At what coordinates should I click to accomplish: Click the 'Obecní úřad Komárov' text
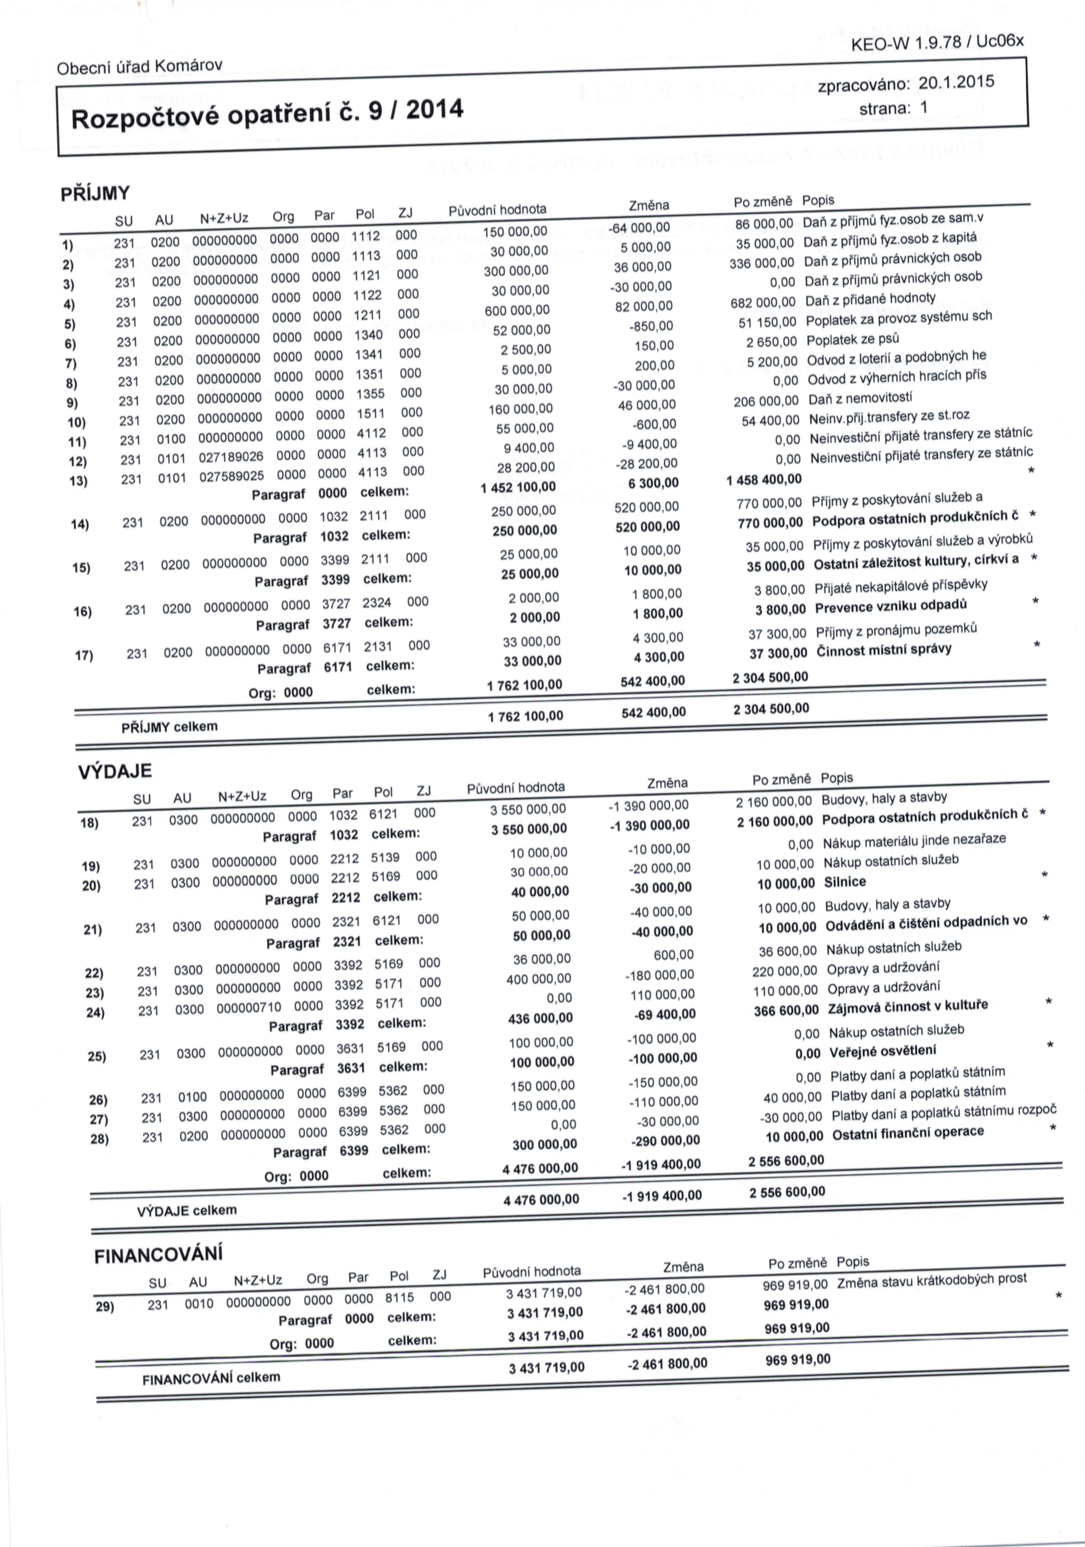[x=140, y=67]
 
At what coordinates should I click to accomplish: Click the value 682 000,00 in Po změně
[x=763, y=302]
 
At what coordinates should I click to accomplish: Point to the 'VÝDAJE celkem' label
[x=186, y=1210]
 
